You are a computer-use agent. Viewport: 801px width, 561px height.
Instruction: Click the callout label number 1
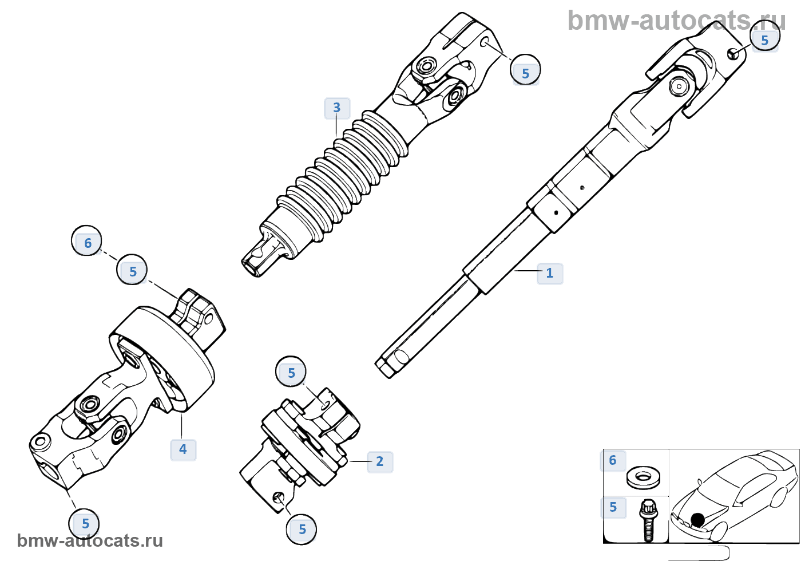click(x=550, y=273)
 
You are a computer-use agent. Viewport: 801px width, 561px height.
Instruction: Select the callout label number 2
click(x=380, y=461)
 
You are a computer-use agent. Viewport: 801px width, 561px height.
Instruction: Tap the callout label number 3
click(x=337, y=108)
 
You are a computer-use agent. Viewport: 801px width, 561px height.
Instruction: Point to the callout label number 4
click(x=183, y=449)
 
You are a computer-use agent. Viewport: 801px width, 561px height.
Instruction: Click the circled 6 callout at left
click(x=87, y=242)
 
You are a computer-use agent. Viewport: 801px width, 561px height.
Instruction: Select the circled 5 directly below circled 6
click(x=132, y=271)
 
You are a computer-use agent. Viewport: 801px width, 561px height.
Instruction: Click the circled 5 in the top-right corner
click(x=764, y=39)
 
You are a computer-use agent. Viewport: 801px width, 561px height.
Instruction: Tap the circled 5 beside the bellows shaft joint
click(x=525, y=72)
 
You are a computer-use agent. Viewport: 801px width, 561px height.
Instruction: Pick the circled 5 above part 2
click(x=291, y=373)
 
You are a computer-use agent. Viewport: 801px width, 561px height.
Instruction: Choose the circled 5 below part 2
click(x=302, y=529)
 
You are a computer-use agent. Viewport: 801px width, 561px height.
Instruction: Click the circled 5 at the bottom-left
click(x=85, y=523)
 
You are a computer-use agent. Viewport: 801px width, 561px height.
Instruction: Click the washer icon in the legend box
click(x=643, y=476)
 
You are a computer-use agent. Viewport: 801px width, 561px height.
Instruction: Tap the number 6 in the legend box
click(x=613, y=460)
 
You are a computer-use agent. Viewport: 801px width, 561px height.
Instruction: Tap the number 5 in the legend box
click(x=613, y=507)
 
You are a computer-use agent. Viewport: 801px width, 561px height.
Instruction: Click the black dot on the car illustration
click(x=697, y=520)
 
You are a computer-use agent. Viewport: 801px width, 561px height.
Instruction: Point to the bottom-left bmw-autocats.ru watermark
click(x=90, y=540)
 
